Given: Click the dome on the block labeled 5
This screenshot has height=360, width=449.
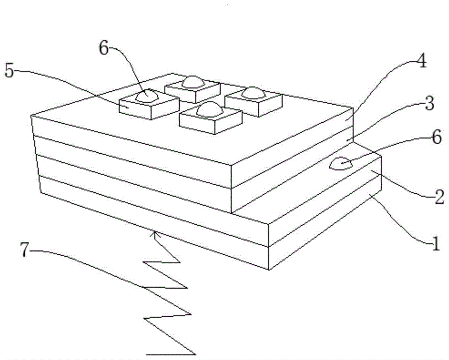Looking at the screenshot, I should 148,96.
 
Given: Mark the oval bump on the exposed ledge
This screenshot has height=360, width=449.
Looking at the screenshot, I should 341,163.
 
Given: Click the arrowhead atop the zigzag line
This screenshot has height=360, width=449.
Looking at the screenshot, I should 155,232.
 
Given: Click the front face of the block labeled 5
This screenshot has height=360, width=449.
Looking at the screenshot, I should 135,110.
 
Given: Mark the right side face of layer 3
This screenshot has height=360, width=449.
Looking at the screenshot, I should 292,178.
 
